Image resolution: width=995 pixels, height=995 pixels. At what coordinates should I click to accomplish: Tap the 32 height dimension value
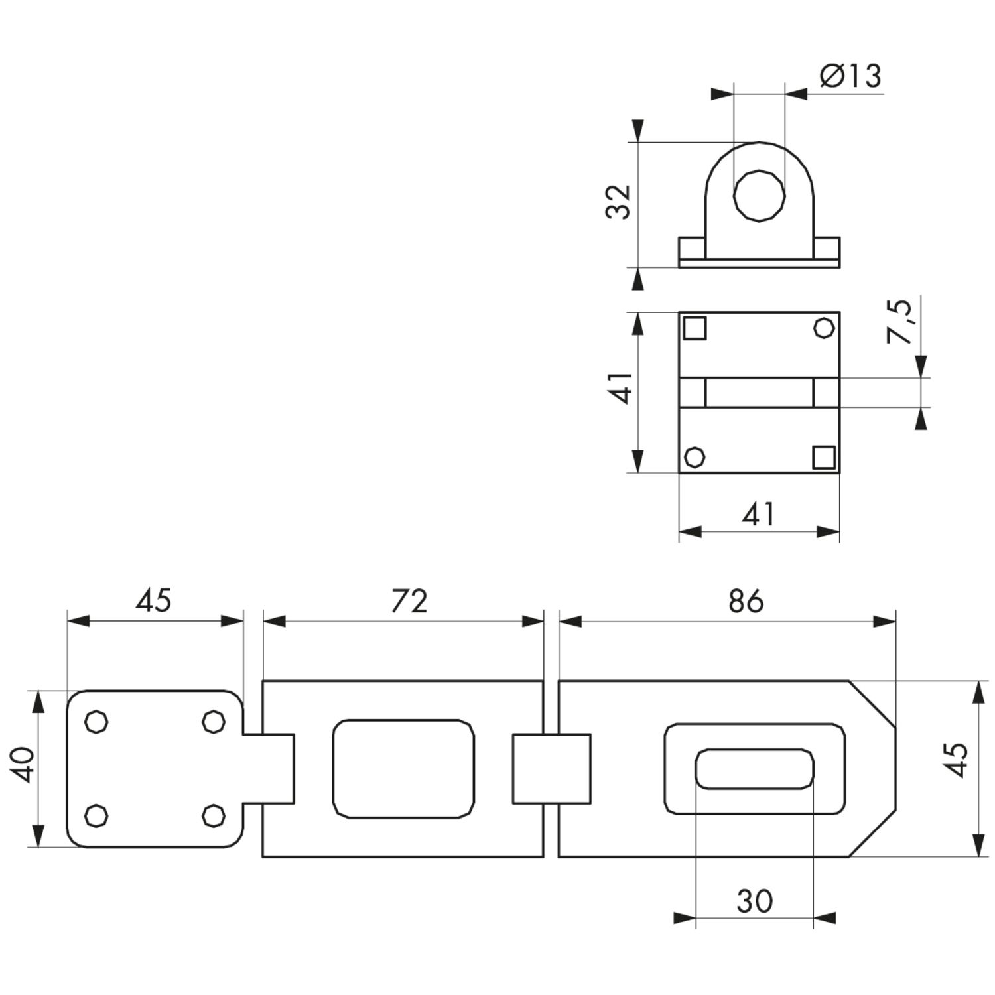[618, 201]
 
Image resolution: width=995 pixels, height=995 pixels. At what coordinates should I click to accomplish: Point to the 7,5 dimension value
[901, 321]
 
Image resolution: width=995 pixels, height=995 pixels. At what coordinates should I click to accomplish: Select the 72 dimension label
[409, 600]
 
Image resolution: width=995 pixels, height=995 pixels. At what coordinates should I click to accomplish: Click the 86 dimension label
[746, 600]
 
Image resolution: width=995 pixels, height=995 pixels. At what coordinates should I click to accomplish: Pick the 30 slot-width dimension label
[755, 901]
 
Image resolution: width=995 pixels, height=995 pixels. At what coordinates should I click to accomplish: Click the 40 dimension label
[25, 764]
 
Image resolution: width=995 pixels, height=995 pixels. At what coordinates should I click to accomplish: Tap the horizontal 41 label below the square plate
[758, 514]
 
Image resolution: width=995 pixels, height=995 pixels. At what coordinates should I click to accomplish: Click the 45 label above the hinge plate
[154, 600]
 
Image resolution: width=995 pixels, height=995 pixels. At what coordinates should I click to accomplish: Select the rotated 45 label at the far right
[958, 760]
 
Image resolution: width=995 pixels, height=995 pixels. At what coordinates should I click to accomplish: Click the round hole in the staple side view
[759, 195]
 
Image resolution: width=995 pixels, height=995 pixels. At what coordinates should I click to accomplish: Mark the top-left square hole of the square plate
[695, 328]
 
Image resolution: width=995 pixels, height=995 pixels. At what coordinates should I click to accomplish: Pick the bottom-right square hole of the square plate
[824, 457]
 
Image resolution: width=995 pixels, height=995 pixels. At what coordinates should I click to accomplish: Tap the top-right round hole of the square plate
[824, 328]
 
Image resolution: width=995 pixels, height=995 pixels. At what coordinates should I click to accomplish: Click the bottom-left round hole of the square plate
[695, 457]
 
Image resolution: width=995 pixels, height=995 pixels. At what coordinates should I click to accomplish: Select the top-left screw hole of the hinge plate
[97, 722]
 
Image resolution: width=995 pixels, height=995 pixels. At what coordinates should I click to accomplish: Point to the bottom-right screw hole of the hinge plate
[213, 815]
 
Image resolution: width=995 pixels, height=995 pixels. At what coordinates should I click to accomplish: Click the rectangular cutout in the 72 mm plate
[403, 769]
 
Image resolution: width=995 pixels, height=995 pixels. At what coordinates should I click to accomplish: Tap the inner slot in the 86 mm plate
[754, 769]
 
